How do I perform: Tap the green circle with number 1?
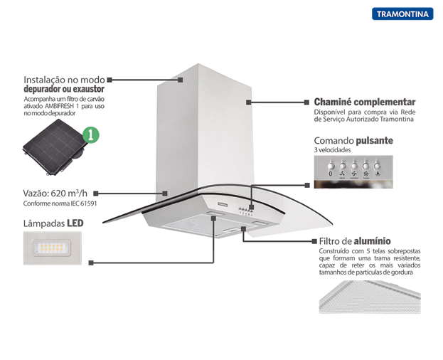point(90,134)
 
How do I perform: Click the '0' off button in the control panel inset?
point(330,172)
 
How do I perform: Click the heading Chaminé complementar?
point(364,102)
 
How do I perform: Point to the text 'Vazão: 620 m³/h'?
point(55,193)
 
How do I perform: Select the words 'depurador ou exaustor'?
point(64,90)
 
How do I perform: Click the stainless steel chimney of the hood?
point(205,128)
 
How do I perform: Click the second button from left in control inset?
point(341,172)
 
